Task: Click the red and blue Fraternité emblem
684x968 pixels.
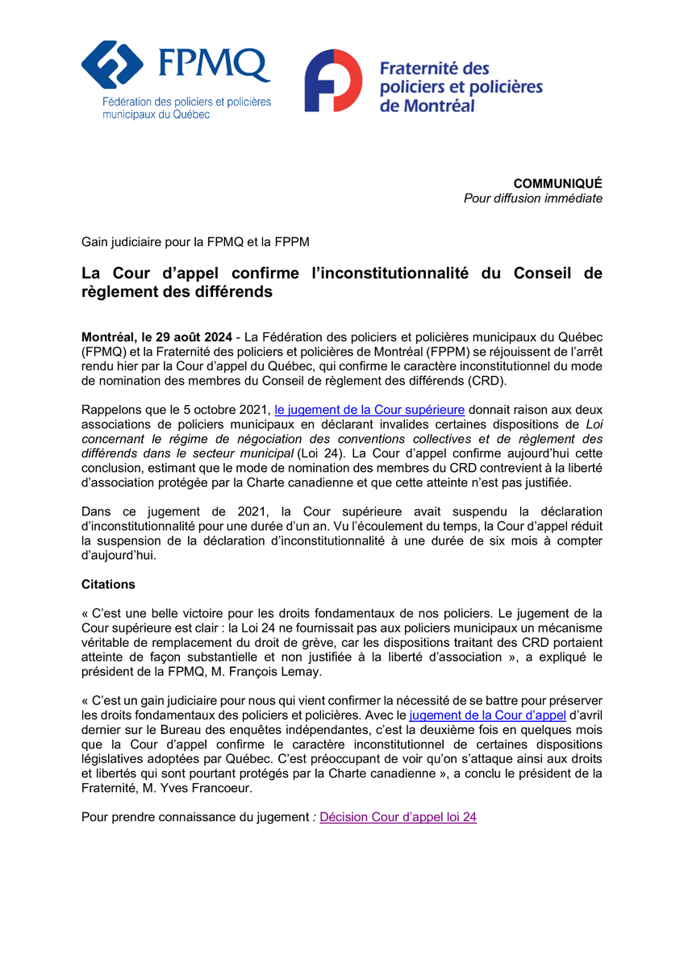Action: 332,81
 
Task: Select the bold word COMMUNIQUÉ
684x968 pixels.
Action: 557,183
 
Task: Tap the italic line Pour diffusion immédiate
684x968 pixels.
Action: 532,198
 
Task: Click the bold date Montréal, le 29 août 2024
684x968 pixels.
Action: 156,336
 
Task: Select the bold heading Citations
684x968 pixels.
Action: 109,583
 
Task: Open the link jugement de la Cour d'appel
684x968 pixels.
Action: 487,716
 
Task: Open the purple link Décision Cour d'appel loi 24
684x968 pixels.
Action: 398,817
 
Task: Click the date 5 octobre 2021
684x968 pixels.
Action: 228,410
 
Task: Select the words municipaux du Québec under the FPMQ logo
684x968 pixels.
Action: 156,115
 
